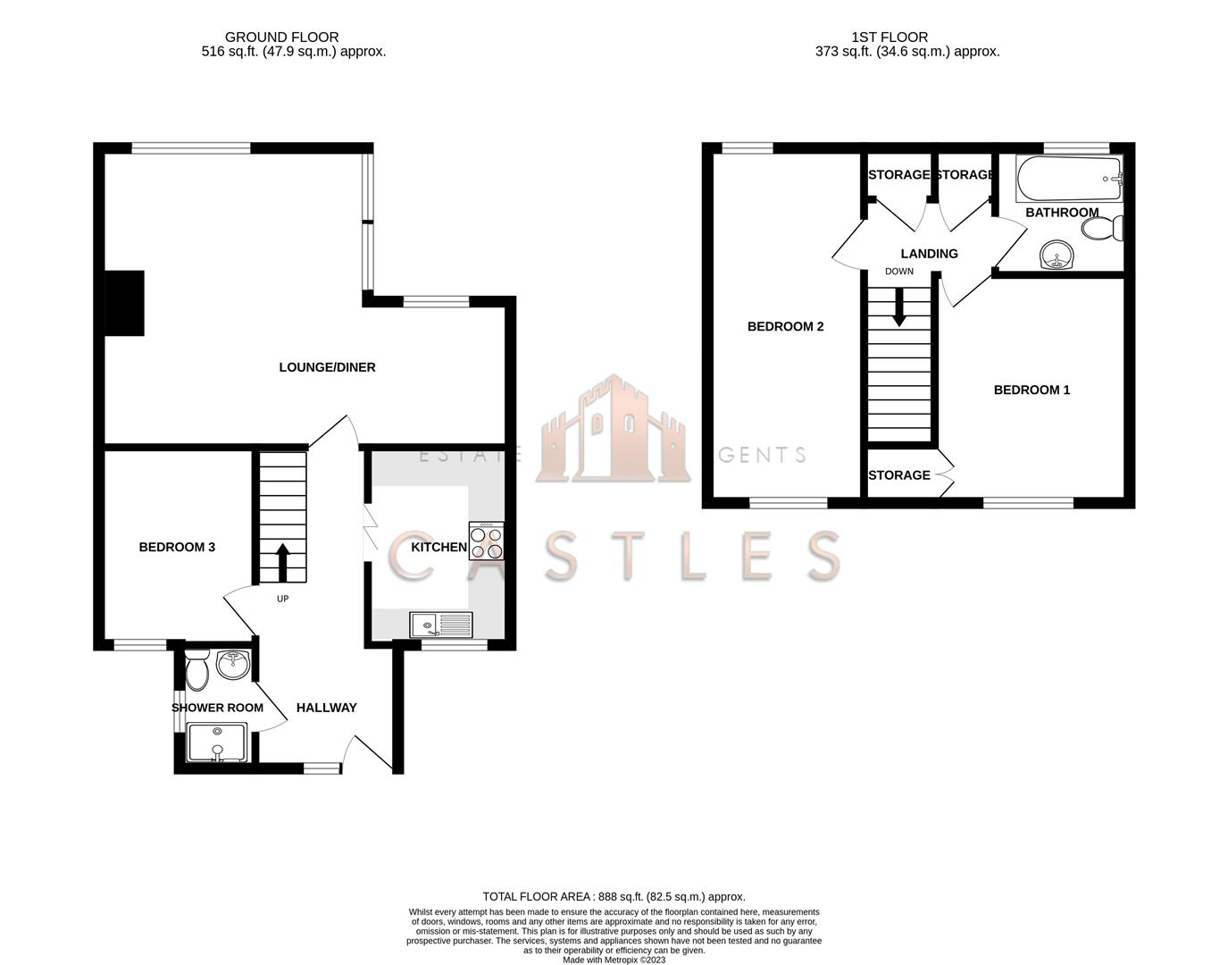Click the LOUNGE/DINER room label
coord(327,367)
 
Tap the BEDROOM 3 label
coord(177,547)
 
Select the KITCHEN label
coord(438,547)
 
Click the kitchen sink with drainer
coord(441,625)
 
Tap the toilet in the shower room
coord(196,669)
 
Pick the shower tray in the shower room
coord(216,743)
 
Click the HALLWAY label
coord(326,708)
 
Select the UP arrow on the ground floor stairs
coord(283,561)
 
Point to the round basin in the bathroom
coord(1060,256)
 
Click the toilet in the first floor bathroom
coord(1102,229)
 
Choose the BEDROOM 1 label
coord(1032,390)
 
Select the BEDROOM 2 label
coord(785,326)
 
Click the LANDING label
coord(929,254)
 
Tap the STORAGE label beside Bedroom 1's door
coord(898,475)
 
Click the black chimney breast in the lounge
coord(125,303)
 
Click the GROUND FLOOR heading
coord(281,38)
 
